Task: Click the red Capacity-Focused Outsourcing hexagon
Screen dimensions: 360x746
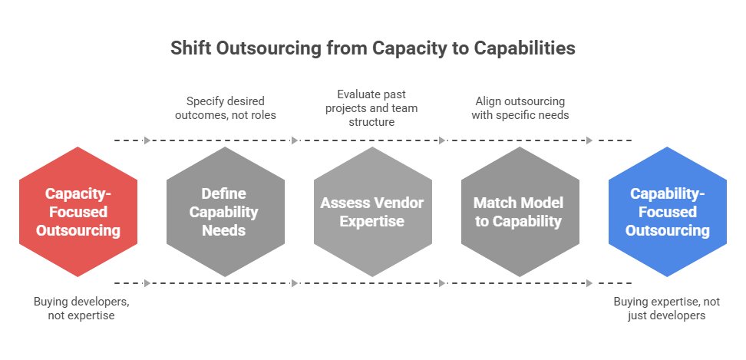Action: click(x=78, y=212)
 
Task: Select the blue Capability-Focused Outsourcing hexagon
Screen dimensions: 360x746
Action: click(x=667, y=212)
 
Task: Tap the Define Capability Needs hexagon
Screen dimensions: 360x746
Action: click(x=225, y=212)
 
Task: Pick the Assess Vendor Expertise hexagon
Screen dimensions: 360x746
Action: click(x=372, y=212)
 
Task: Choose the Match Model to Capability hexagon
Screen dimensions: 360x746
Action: click(x=520, y=212)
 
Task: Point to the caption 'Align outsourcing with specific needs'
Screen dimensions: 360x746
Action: click(x=520, y=107)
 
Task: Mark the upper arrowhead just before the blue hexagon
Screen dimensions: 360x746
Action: click(x=589, y=140)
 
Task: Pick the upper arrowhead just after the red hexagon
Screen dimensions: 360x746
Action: click(x=147, y=140)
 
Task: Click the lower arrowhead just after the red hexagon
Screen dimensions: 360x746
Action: click(x=147, y=283)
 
